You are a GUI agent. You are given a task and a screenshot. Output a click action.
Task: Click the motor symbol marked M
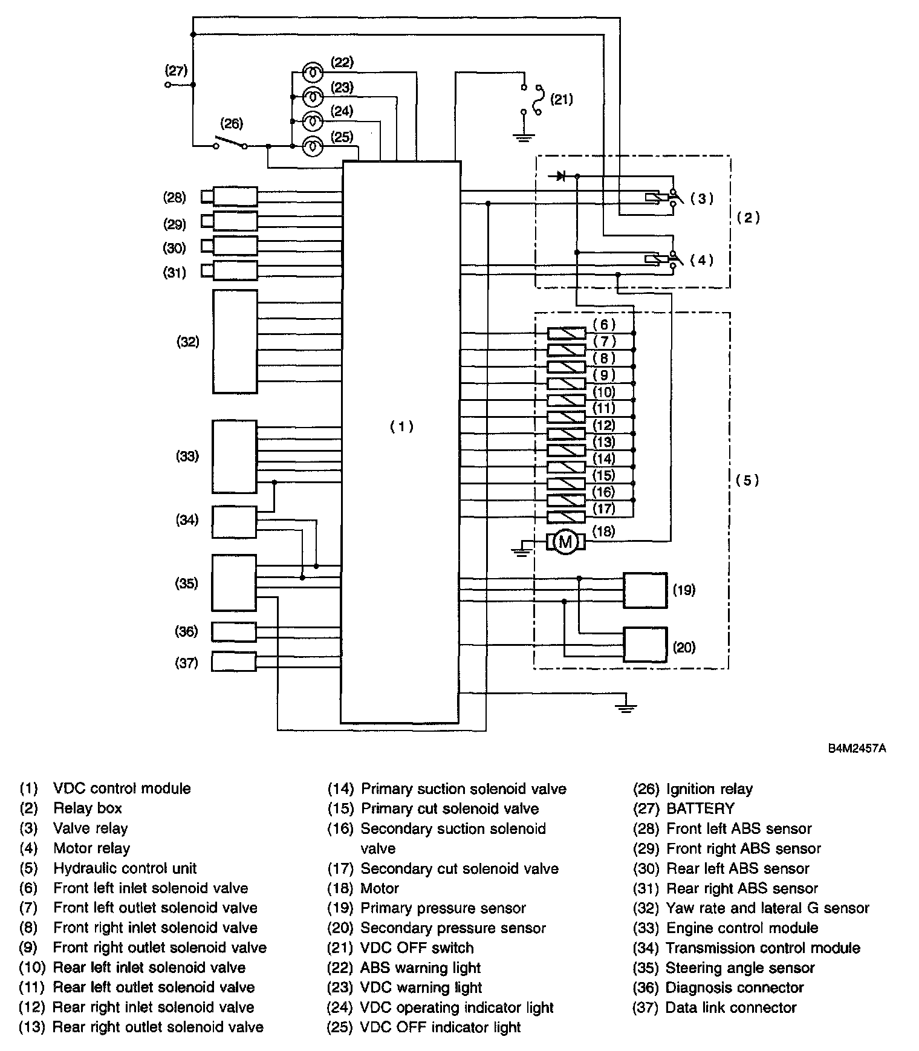pos(566,542)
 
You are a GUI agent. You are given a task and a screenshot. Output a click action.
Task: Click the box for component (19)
pos(645,590)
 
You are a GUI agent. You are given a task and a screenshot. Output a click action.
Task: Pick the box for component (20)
pos(645,645)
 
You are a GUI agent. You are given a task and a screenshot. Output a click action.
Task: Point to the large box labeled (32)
pos(235,342)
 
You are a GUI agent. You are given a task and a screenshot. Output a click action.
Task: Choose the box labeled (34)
pos(235,522)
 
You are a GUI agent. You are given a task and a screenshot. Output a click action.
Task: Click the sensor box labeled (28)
pos(235,197)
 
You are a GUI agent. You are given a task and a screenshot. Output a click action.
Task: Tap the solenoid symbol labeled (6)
pos(567,333)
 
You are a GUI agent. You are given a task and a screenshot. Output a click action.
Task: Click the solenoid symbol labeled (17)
pos(567,517)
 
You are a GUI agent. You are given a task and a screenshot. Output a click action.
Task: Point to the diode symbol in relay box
pos(560,176)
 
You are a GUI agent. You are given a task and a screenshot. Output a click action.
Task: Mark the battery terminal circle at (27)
pos(168,85)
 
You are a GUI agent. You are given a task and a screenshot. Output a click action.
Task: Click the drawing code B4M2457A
pos(857,748)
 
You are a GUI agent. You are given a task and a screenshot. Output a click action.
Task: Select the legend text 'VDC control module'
pos(122,789)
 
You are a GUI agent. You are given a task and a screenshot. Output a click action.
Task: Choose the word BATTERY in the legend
pos(700,809)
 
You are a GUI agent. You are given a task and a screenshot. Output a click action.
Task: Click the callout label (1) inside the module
pos(401,426)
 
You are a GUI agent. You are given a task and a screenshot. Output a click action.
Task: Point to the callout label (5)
pos(747,480)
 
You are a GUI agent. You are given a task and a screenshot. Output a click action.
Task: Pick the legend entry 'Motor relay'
pos(91,848)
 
